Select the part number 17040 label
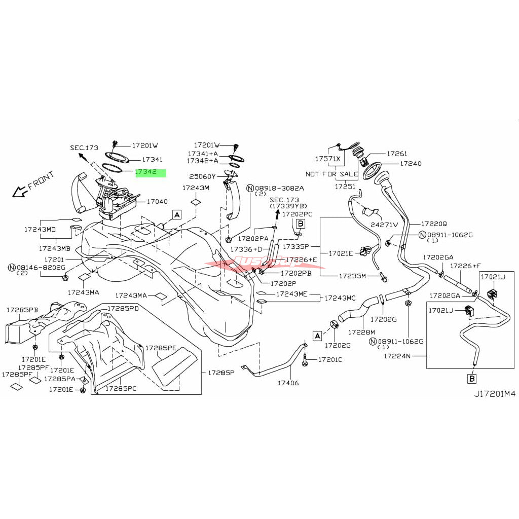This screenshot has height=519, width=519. click(x=157, y=201)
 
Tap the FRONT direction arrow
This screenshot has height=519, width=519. click(x=21, y=191)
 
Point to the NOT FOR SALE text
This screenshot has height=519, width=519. click(x=331, y=174)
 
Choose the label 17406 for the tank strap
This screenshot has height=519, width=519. click(x=288, y=383)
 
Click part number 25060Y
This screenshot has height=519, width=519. click(x=202, y=176)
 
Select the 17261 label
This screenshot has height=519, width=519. click(x=397, y=153)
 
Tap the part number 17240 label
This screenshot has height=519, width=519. click(x=410, y=164)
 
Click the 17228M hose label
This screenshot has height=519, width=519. click(x=361, y=332)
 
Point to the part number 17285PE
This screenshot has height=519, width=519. click(x=161, y=348)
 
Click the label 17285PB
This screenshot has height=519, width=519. click(x=22, y=309)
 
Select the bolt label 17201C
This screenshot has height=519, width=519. click(x=330, y=359)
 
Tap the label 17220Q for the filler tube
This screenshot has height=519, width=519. click(x=433, y=223)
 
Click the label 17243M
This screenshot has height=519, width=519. click(x=196, y=188)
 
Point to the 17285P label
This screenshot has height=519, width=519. click(x=221, y=373)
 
